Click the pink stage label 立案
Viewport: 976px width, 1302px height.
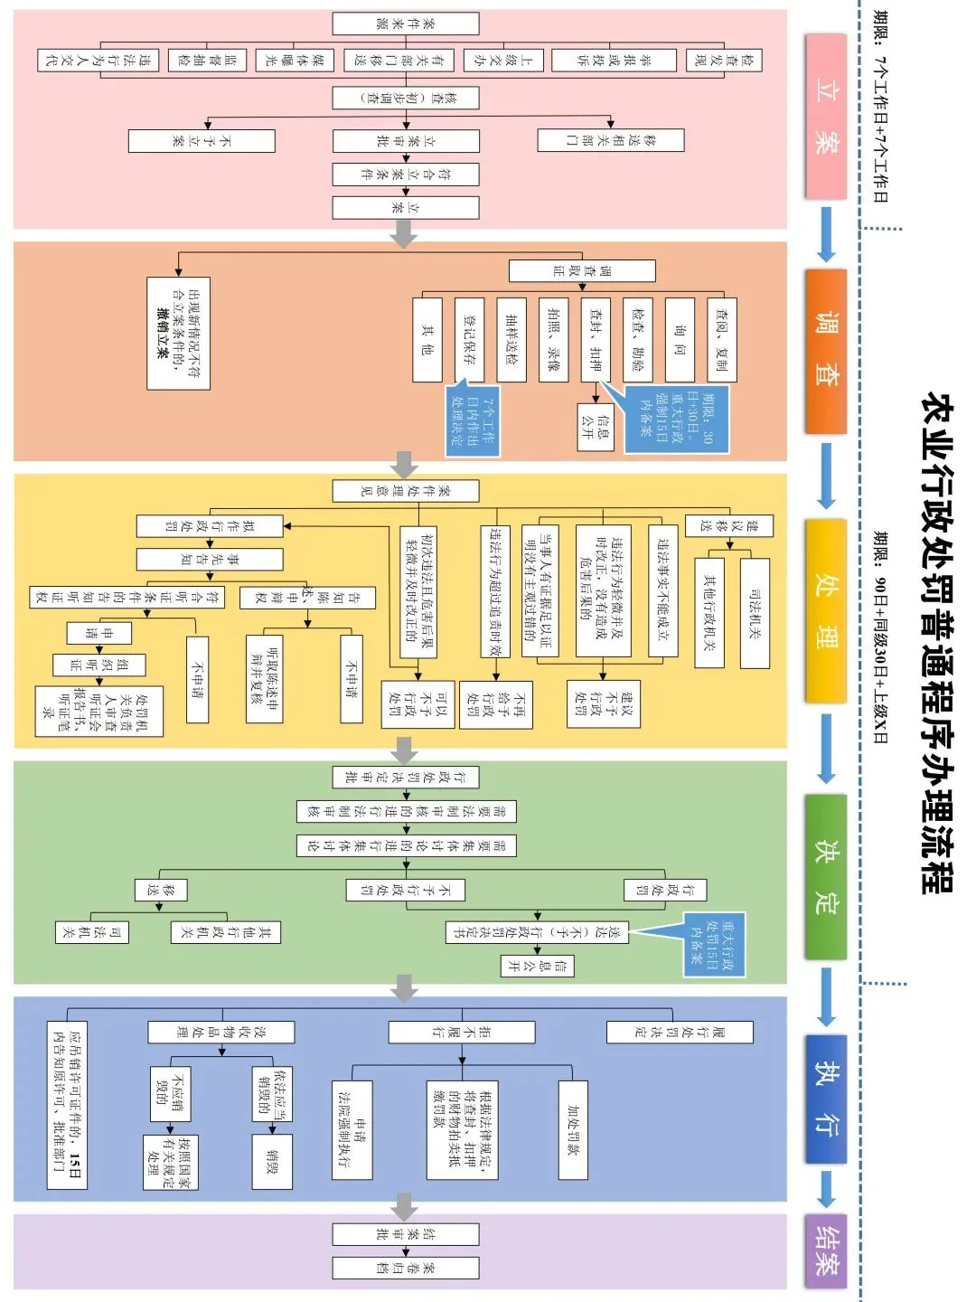tap(825, 117)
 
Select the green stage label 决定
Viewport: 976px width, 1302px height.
tap(825, 876)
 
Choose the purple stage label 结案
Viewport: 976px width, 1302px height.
tap(825, 1250)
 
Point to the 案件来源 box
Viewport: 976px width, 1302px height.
tap(405, 24)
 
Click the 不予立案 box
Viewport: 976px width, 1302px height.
tap(201, 140)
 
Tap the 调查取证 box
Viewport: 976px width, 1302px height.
tap(582, 270)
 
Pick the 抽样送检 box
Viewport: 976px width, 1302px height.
tap(511, 339)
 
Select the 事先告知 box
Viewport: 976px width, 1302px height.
tap(209, 559)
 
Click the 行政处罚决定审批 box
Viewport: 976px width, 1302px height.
tap(405, 778)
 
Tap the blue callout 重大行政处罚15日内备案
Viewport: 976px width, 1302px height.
tap(713, 943)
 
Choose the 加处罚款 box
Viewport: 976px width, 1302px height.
tap(573, 1129)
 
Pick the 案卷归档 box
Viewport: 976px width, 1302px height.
tap(405, 1268)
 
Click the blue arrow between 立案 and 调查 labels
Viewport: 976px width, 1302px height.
tap(825, 233)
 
